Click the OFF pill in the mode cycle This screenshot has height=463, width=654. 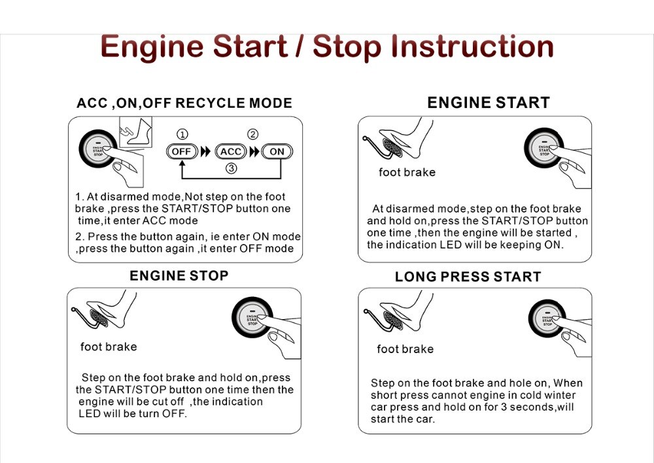pyautogui.click(x=181, y=151)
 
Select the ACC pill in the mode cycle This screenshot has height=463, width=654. pyautogui.click(x=231, y=151)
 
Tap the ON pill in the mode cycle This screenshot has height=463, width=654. pyautogui.click(x=277, y=151)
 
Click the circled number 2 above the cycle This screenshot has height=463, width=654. pyautogui.click(x=252, y=134)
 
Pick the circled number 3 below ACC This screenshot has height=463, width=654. pyautogui.click(x=230, y=168)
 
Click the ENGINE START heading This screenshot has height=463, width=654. pyautogui.click(x=488, y=103)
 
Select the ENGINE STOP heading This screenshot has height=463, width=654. pyautogui.click(x=179, y=275)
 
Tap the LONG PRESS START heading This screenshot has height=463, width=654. pyautogui.click(x=468, y=277)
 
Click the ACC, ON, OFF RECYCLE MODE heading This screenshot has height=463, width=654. pyautogui.click(x=184, y=103)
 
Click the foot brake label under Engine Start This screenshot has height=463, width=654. pyautogui.click(x=407, y=173)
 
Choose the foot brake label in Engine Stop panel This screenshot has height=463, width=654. pyautogui.click(x=109, y=347)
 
